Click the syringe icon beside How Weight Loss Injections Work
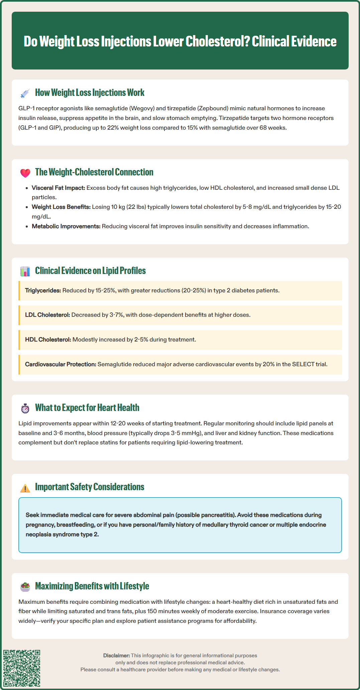point(25,93)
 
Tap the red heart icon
point(25,173)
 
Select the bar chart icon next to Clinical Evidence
point(25,271)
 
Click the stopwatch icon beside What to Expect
point(25,408)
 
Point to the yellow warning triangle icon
point(25,488)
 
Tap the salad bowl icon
point(25,586)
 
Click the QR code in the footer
point(22,668)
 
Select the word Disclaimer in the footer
point(116,656)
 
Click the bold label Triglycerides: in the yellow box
point(43,290)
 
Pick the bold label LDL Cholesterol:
point(47,315)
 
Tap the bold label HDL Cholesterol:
point(48,339)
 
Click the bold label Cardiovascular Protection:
point(61,364)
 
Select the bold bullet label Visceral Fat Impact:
point(58,188)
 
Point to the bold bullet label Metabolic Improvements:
point(66,226)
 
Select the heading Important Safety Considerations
point(90,487)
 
